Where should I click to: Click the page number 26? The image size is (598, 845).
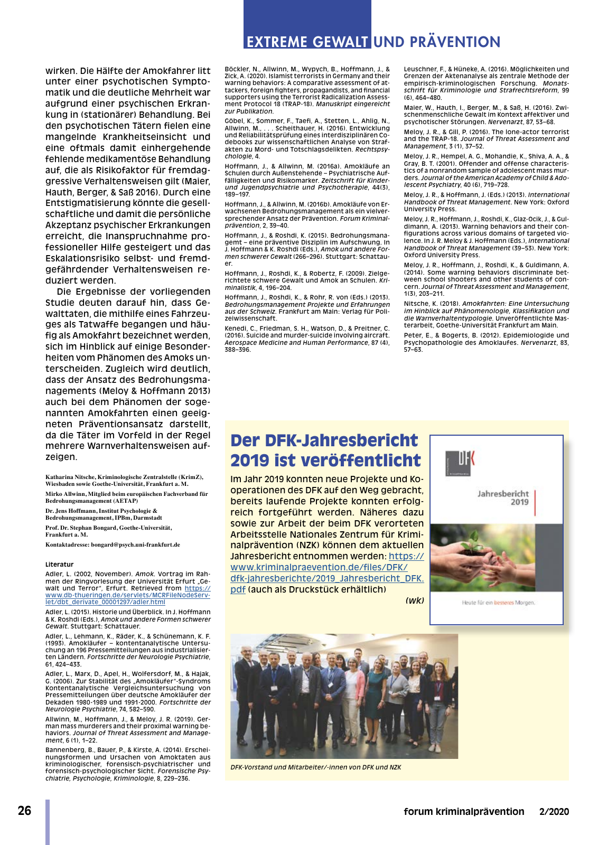24,811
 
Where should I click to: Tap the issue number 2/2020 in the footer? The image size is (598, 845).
554,812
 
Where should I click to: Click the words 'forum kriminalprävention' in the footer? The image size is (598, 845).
464,812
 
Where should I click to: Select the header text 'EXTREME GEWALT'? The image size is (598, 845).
307,42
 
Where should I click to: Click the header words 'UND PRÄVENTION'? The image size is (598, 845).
437,42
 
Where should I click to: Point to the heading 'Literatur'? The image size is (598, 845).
59,564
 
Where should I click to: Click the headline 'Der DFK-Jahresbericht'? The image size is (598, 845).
324,440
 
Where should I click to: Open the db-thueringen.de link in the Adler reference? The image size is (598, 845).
127,595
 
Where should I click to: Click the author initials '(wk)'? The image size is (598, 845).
415,600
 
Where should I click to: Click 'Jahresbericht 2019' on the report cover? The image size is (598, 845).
503,497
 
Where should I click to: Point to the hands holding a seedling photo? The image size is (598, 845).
497,557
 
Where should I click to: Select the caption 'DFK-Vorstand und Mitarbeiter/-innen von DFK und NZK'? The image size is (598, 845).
315,767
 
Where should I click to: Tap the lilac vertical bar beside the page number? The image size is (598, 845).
48,821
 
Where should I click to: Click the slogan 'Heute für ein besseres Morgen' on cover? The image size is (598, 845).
498,603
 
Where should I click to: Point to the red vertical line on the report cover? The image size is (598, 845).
535,502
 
